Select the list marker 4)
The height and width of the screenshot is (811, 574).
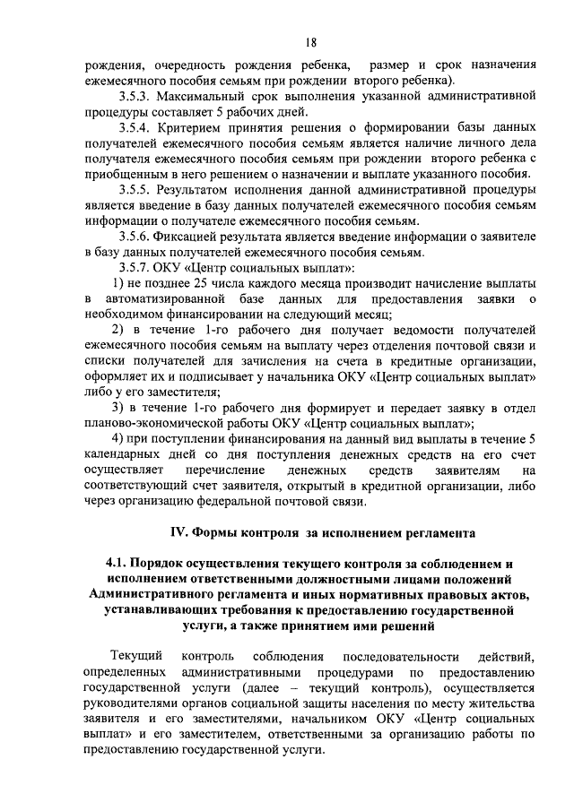point(117,437)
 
